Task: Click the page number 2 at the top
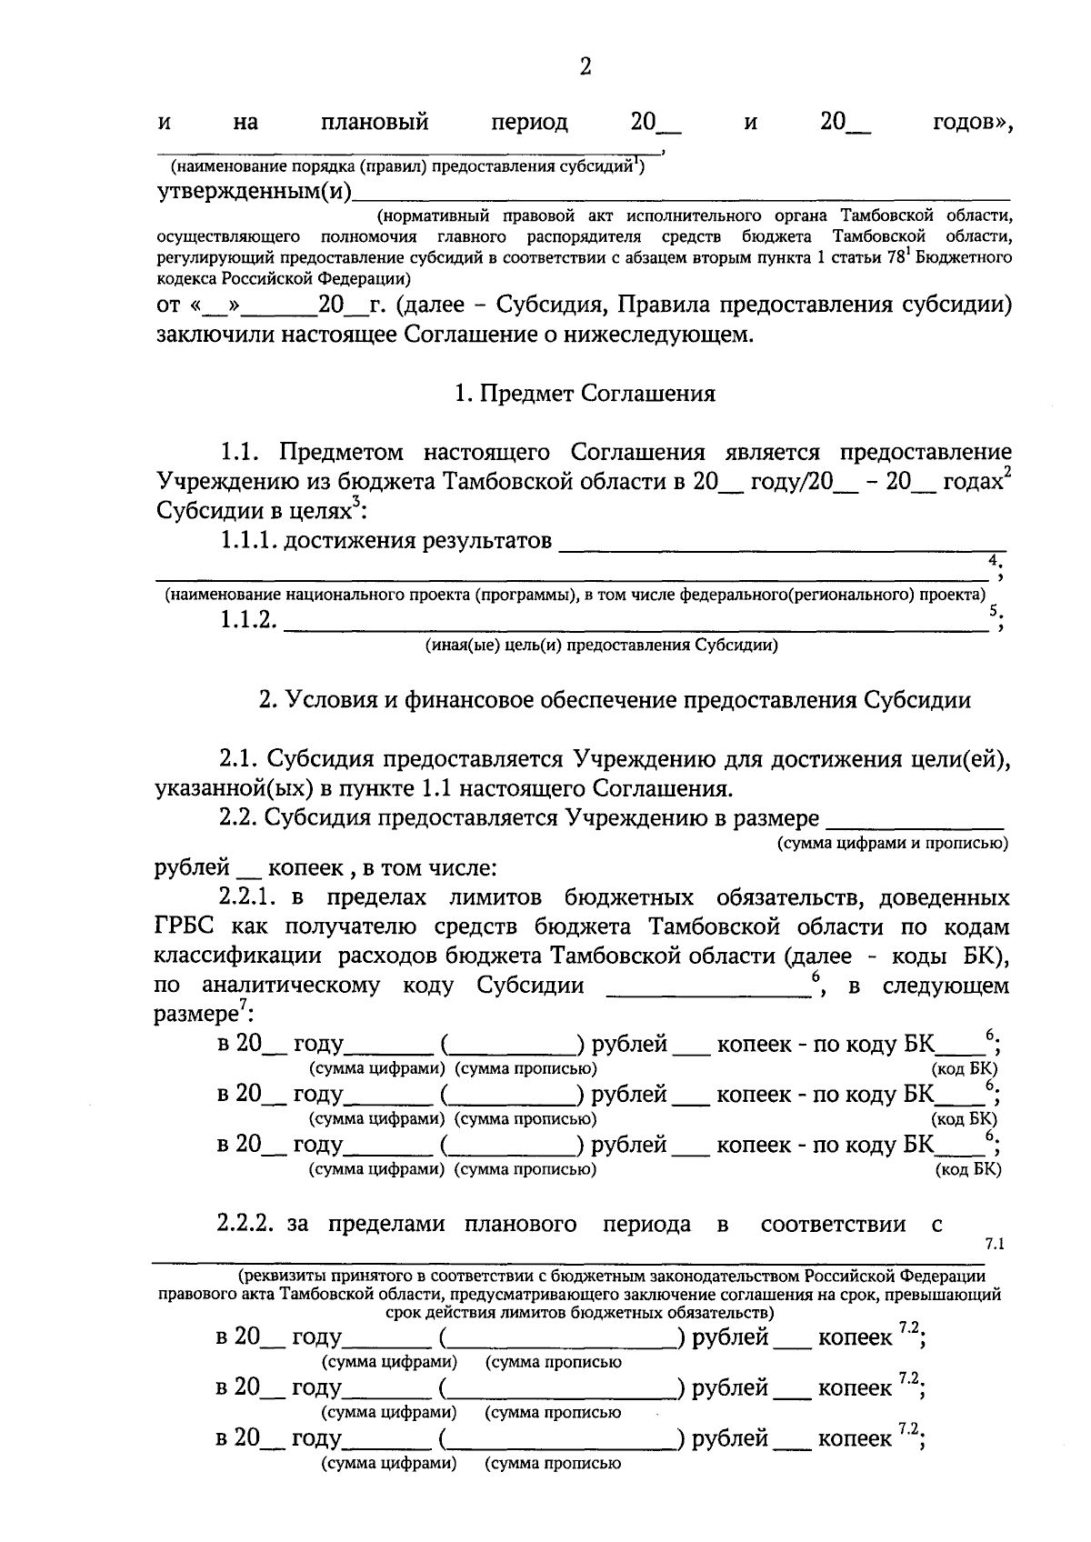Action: [x=585, y=66]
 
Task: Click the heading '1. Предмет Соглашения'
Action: [x=585, y=394]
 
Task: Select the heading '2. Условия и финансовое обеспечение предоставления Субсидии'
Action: [x=615, y=700]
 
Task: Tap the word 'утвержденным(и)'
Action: [x=254, y=192]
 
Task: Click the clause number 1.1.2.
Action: [x=246, y=622]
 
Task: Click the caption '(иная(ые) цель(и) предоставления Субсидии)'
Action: [x=601, y=646]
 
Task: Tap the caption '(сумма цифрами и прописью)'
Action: [x=892, y=843]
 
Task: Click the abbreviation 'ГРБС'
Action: [x=186, y=926]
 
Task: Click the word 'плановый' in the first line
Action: [x=375, y=122]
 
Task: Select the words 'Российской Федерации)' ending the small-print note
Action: [x=331, y=275]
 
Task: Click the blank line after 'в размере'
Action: [x=914, y=821]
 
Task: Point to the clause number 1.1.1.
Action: [x=246, y=542]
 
